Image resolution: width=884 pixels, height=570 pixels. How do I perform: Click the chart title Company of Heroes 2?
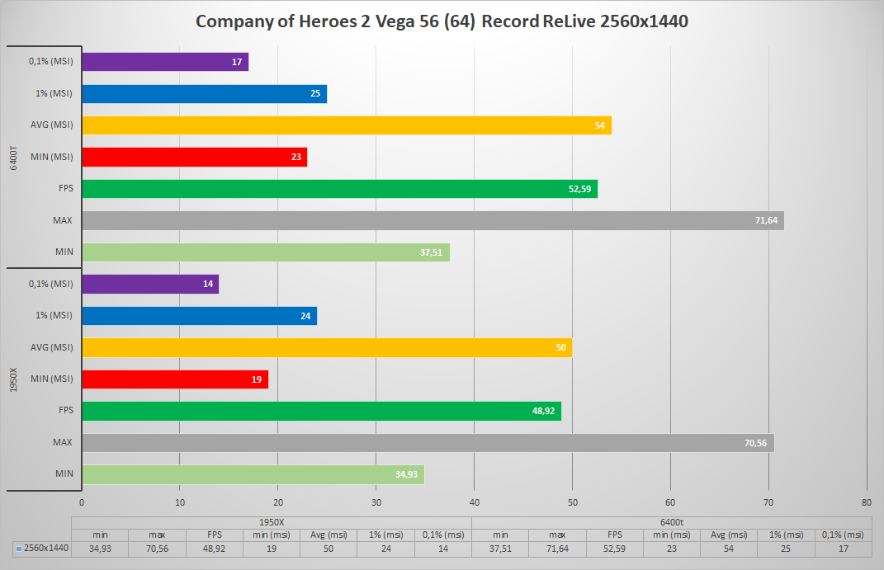click(442, 21)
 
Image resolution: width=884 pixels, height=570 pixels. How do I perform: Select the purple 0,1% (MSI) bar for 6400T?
click(165, 62)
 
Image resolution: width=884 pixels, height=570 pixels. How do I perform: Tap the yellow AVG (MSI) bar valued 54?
click(347, 125)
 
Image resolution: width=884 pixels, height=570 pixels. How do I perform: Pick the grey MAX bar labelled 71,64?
click(433, 220)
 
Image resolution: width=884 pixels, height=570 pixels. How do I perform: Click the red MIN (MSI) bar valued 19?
click(175, 379)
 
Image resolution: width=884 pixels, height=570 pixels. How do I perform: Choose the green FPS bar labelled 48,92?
click(321, 411)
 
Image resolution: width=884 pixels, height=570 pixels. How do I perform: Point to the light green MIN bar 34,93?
click(253, 474)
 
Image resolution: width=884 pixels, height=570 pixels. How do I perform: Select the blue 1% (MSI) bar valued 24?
click(199, 316)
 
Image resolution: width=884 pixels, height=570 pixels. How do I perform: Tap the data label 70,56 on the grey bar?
click(754, 443)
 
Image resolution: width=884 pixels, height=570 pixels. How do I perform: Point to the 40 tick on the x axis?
click(474, 502)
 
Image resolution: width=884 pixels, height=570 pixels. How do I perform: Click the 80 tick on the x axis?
click(866, 502)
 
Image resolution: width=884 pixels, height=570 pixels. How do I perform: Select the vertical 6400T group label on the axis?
click(14, 156)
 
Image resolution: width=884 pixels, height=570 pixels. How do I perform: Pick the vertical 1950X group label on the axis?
click(14, 379)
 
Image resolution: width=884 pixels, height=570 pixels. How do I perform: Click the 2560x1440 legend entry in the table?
click(42, 548)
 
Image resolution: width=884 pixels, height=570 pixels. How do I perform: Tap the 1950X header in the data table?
click(272, 521)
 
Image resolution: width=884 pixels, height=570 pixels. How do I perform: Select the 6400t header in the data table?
click(671, 521)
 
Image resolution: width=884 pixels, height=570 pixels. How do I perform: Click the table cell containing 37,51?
click(500, 548)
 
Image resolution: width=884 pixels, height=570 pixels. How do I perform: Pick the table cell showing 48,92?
click(214, 548)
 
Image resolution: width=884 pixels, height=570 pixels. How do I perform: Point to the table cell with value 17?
click(843, 548)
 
